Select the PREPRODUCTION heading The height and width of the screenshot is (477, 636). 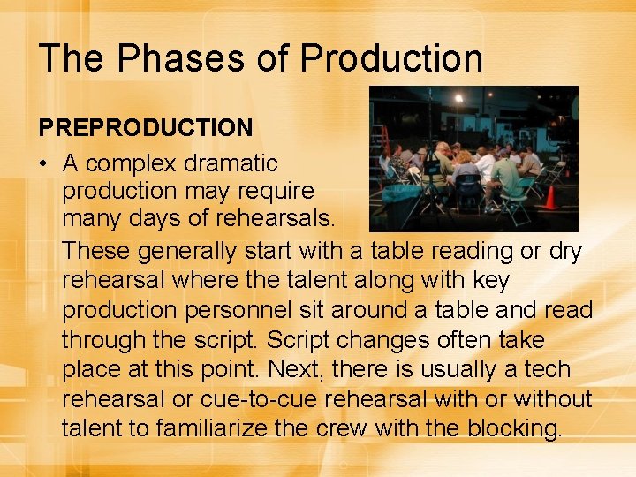146,127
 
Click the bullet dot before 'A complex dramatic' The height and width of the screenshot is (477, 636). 43,163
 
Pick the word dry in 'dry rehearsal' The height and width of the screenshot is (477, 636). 565,251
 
